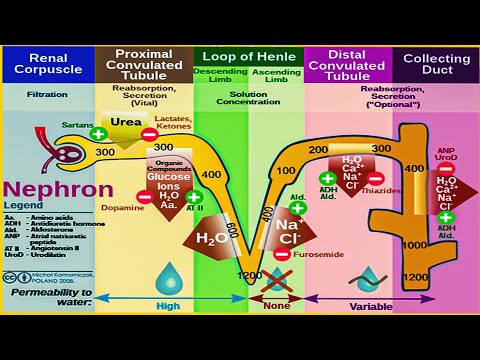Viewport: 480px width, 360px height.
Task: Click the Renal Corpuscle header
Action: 47,65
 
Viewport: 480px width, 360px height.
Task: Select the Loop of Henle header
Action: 247,57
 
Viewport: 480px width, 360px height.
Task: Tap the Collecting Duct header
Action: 436,65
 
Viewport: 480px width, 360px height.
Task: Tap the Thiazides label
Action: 383,189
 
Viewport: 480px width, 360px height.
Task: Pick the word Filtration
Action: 47,97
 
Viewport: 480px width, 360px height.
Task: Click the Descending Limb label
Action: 219,77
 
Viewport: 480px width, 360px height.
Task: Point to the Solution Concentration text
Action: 247,97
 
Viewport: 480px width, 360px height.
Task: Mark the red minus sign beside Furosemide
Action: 283,254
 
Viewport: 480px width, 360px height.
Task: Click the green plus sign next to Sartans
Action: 98,133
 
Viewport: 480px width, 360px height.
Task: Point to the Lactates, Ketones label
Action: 173,121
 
